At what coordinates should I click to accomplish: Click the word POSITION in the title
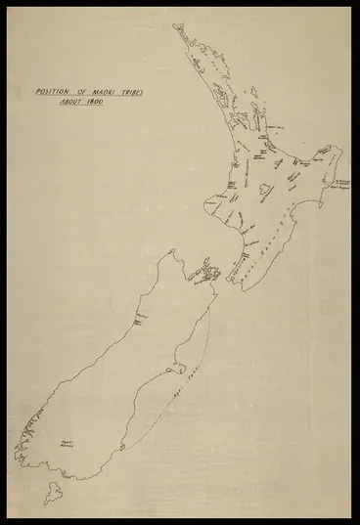pos(53,91)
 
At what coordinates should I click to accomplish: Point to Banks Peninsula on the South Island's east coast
pos(177,369)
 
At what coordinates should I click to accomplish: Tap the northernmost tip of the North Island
pos(177,27)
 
